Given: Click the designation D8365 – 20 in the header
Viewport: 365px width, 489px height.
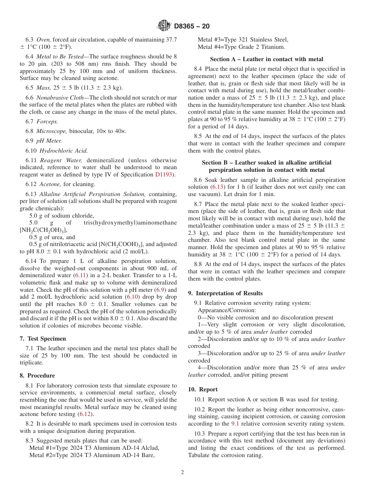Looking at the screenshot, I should pos(192,26).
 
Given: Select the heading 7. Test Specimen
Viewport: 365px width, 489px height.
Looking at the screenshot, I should pos(43,339).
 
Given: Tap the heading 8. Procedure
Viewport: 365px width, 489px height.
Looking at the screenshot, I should pos(37,376).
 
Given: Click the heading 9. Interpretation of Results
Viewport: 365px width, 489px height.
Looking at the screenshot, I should pos(225,293).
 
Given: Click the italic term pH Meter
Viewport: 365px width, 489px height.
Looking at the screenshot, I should pos(49,141).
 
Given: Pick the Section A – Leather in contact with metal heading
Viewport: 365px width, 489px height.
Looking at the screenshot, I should pos(266,59).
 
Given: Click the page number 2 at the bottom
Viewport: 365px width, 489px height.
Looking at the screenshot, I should pos(182,472).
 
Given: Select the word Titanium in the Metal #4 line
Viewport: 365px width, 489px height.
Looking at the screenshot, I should pos(272,47).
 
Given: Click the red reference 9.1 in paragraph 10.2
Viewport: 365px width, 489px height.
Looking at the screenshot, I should pos(235,424).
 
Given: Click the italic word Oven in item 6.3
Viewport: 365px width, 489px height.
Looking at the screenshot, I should pos(43,40).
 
